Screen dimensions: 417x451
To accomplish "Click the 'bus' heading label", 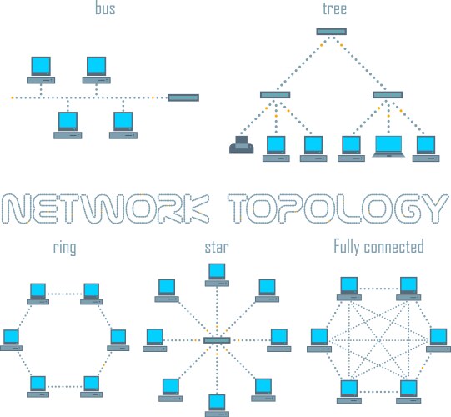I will tap(106, 10).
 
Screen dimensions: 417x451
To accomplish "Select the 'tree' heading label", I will tap(334, 10).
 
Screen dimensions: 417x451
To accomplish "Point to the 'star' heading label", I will tap(217, 248).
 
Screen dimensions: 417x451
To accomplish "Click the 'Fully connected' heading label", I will tap(378, 248).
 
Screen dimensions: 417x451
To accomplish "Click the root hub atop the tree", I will tap(332, 32).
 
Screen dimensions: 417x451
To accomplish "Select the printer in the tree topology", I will tap(241, 148).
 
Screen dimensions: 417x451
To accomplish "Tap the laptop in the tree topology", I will tap(390, 146).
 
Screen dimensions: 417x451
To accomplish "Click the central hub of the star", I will tap(217, 340).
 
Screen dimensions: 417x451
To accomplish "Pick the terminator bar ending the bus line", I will tap(183, 98).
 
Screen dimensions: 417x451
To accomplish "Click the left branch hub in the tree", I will tap(274, 94).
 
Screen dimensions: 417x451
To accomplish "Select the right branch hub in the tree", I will tap(388, 94).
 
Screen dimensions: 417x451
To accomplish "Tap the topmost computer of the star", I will tap(217, 273).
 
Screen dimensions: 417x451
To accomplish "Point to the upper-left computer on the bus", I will tap(40, 68).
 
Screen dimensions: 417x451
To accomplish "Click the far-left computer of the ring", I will tap(12, 339).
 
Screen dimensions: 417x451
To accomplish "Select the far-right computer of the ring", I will tap(118, 339).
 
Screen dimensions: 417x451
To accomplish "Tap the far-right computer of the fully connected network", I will tap(439, 339).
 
